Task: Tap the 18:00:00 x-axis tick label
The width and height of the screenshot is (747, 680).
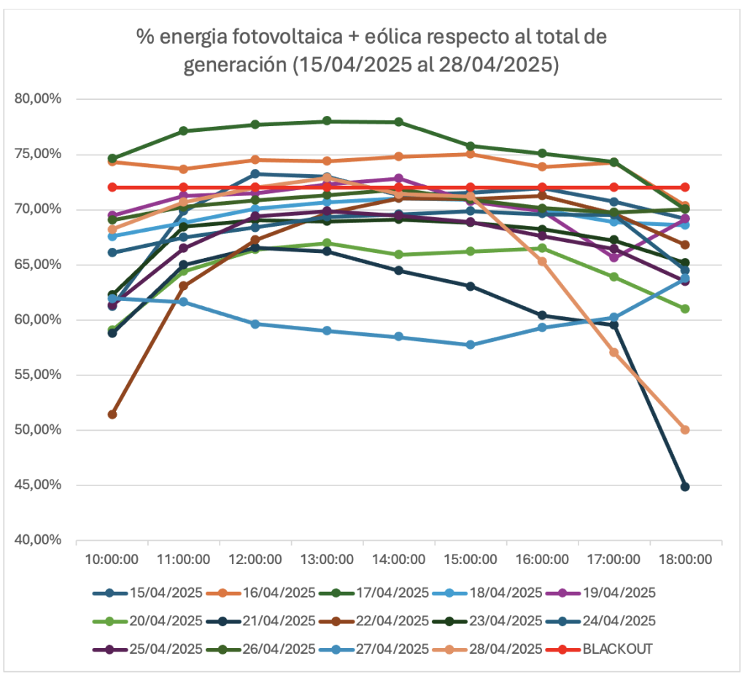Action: (x=685, y=560)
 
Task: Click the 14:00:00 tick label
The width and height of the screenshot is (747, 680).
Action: (x=398, y=560)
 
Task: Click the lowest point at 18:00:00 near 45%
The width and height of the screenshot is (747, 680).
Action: (x=685, y=486)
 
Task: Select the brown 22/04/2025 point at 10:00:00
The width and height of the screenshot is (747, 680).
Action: (x=112, y=414)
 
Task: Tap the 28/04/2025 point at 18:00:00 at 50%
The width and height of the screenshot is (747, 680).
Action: (x=685, y=430)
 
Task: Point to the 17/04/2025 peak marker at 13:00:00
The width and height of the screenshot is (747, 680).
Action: (x=327, y=121)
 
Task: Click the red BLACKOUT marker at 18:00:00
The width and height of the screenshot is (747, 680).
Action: (x=685, y=187)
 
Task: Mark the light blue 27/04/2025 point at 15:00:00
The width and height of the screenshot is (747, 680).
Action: (x=471, y=345)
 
